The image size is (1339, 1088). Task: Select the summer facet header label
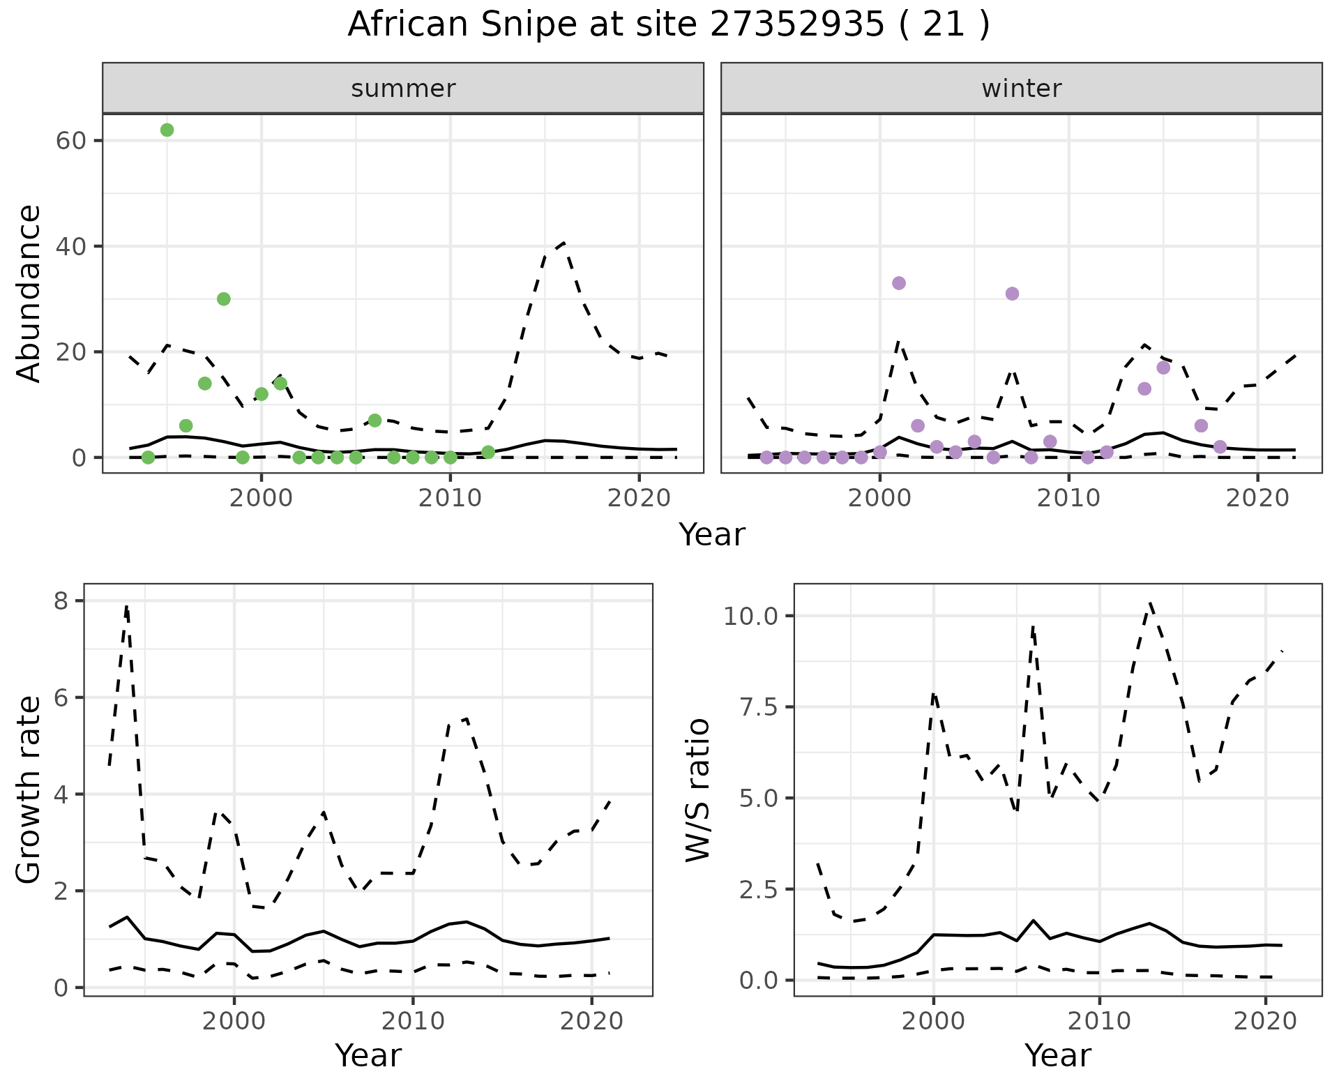click(x=403, y=89)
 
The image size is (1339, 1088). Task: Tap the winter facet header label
click(x=1021, y=89)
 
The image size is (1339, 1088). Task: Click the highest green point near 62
click(x=167, y=130)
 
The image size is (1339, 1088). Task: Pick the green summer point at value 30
click(x=224, y=299)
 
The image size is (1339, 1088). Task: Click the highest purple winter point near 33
click(x=899, y=283)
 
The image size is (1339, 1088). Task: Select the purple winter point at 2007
click(x=1012, y=294)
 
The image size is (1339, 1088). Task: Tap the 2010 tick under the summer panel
click(x=451, y=498)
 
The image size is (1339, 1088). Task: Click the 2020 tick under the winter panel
click(x=1257, y=498)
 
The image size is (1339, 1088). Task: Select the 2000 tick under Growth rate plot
click(x=234, y=1021)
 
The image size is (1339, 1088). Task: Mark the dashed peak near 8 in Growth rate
click(x=126, y=606)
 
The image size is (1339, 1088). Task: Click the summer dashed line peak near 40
click(x=563, y=243)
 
